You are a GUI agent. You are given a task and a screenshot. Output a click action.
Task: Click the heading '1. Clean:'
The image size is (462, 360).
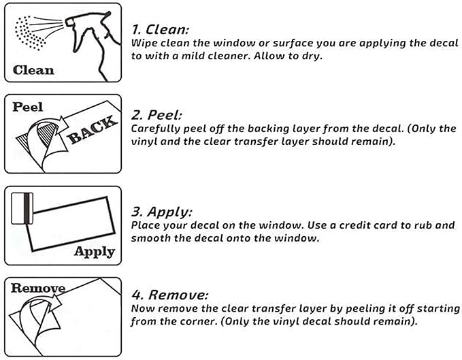click(x=160, y=29)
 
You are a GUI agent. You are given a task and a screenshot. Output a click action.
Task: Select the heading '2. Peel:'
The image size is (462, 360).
click(x=156, y=114)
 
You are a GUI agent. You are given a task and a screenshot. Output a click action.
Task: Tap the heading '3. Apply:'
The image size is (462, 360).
click(x=161, y=212)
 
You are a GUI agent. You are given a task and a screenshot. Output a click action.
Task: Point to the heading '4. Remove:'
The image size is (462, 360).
click(x=169, y=295)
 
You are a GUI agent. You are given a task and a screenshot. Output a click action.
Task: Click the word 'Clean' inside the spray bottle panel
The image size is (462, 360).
click(x=33, y=70)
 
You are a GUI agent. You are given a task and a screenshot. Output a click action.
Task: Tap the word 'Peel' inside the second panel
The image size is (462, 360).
click(x=28, y=107)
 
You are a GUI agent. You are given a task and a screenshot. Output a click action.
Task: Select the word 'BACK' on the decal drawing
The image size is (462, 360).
click(x=93, y=130)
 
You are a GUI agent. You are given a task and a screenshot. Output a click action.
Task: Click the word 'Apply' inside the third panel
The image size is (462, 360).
click(x=95, y=252)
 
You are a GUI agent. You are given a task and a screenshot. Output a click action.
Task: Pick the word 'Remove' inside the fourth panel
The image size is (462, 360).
click(x=38, y=288)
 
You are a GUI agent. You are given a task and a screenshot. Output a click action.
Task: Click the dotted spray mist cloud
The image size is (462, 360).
click(x=29, y=33)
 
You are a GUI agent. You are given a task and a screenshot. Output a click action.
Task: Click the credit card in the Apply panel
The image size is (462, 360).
click(x=22, y=208)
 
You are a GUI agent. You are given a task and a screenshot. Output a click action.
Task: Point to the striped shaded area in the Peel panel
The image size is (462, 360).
click(x=47, y=133)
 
